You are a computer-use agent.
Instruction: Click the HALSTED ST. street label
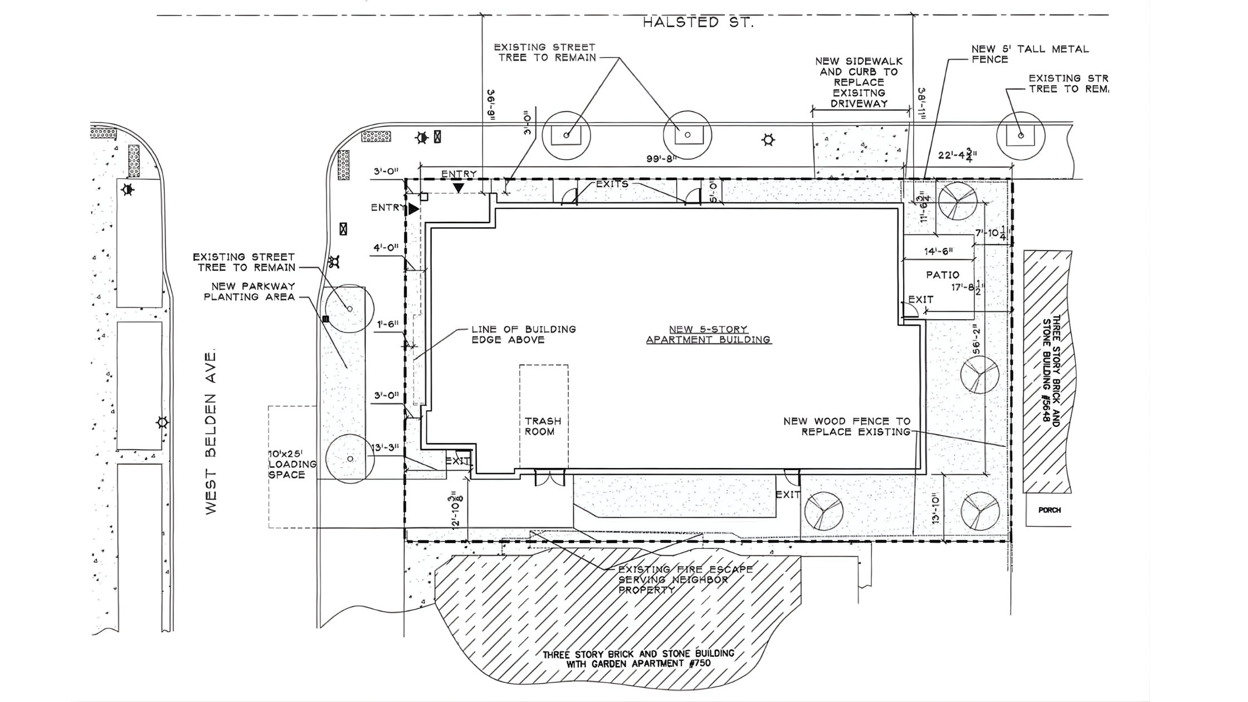click(698, 23)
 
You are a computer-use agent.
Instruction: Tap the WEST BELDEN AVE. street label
click(211, 433)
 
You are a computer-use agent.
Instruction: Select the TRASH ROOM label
click(543, 426)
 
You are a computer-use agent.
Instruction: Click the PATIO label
click(943, 275)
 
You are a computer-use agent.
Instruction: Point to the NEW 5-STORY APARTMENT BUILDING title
click(709, 334)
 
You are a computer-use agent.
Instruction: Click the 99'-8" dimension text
click(661, 159)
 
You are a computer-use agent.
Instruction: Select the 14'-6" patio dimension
click(938, 251)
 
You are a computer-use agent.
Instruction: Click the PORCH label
click(1049, 510)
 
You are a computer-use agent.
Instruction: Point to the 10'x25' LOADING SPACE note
click(292, 464)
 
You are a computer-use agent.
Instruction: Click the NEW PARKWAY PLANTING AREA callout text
click(250, 291)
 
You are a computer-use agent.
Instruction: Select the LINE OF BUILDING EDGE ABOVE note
click(523, 334)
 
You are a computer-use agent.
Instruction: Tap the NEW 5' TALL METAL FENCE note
click(1030, 54)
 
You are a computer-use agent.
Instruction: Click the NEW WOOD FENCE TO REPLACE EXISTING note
click(847, 426)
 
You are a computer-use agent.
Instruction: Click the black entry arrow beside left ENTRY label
click(413, 209)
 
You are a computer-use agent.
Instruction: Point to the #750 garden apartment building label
click(638, 659)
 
